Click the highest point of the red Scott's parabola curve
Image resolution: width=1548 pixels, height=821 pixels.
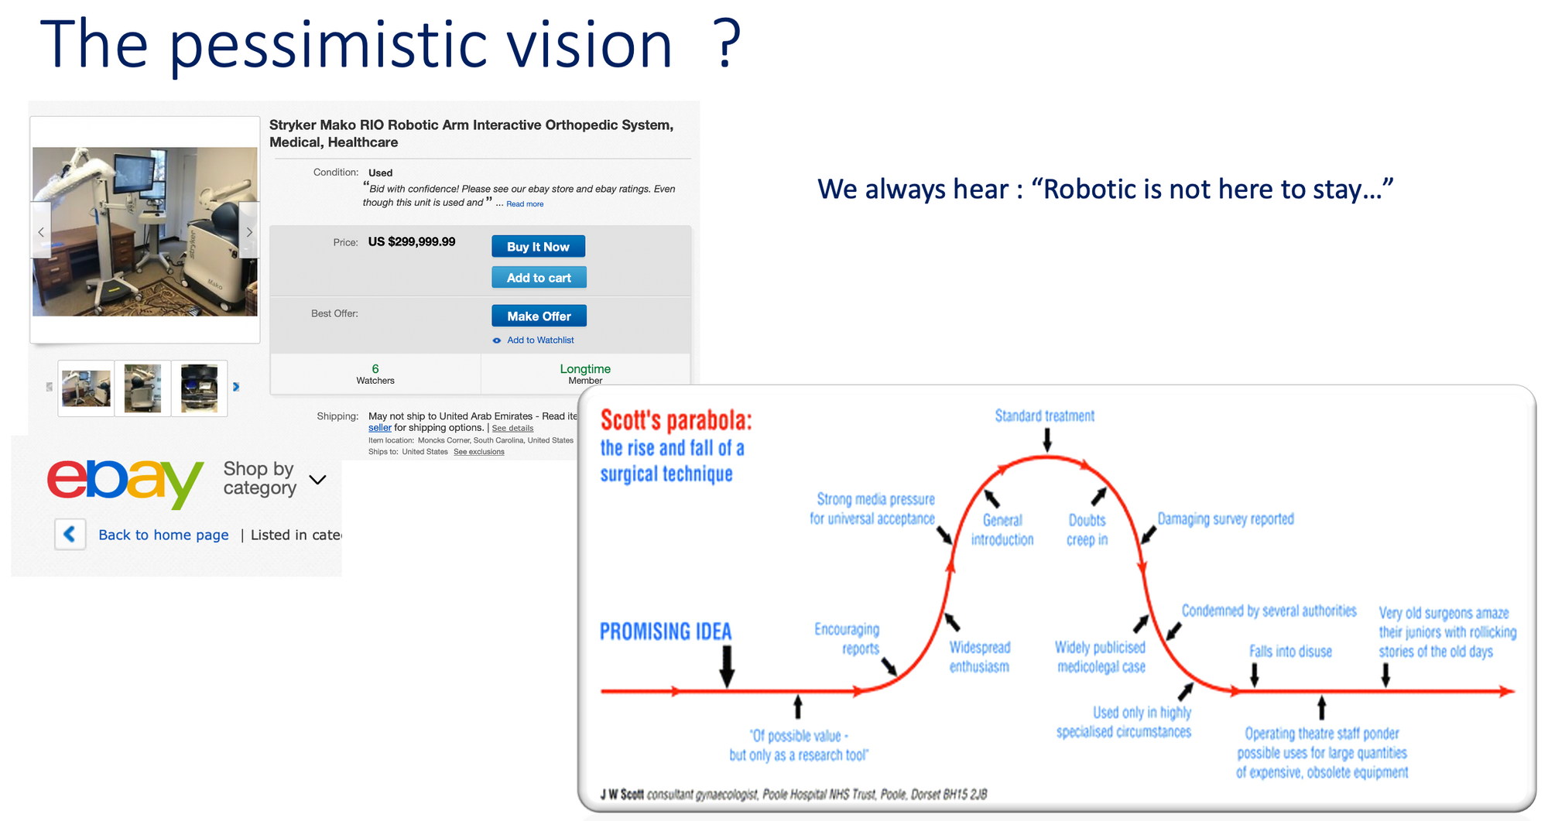click(x=1046, y=457)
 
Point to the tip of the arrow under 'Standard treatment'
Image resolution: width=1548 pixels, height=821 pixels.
click(x=1047, y=451)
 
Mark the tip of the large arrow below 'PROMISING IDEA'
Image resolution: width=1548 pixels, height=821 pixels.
click(x=727, y=687)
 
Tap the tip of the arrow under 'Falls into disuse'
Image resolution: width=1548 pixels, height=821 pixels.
click(x=1255, y=686)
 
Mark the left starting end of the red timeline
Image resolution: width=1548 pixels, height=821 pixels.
click(x=602, y=691)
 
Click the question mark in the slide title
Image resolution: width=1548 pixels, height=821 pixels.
click(x=728, y=44)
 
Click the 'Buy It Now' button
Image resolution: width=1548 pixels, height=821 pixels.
click(x=538, y=246)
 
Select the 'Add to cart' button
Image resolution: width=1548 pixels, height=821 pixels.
click(x=539, y=277)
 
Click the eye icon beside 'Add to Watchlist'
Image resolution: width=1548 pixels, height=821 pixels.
click(x=497, y=340)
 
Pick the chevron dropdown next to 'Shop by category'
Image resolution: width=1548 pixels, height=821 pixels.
click(x=317, y=480)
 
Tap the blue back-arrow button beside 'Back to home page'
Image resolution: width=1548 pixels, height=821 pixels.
click(x=70, y=534)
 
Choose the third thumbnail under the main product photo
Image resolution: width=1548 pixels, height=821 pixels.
click(x=200, y=388)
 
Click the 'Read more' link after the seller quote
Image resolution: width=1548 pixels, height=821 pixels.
click(x=525, y=204)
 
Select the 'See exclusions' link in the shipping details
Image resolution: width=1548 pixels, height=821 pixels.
click(x=479, y=452)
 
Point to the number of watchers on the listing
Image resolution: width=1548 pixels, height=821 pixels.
click(x=375, y=369)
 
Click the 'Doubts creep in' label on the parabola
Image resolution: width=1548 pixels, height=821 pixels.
click(x=1087, y=530)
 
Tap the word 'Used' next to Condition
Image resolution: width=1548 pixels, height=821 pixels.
click(x=380, y=173)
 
